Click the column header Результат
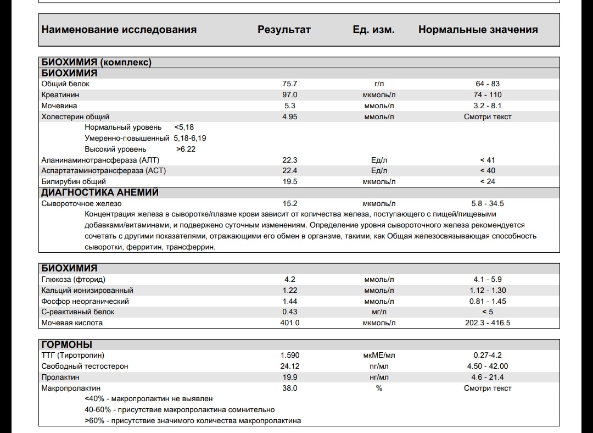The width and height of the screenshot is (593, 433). pos(284,30)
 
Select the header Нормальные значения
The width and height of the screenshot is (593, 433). pos(478,30)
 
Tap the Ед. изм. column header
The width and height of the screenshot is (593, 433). pos(373,30)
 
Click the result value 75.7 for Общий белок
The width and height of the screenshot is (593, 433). pos(289,84)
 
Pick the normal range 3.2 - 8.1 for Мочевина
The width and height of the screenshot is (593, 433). pos(488,106)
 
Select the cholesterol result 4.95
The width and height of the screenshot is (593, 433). pos(289,116)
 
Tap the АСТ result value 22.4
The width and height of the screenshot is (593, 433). pos(289,170)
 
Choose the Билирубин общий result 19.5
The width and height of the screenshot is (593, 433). pos(289,181)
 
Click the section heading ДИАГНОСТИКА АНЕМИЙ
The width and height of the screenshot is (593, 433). pos(100,192)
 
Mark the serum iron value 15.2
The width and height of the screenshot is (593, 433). pos(289,203)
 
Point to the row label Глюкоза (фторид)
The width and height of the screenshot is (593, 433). pos(73,279)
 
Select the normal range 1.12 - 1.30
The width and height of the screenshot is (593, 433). pos(488,290)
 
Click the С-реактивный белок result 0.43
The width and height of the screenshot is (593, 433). pos(289,312)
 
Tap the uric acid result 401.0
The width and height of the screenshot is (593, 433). pos(289,323)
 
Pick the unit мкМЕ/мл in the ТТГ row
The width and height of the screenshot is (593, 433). pos(379,356)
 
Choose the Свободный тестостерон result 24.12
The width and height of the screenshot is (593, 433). pos(289,366)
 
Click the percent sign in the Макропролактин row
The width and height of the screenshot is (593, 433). pos(379,388)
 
